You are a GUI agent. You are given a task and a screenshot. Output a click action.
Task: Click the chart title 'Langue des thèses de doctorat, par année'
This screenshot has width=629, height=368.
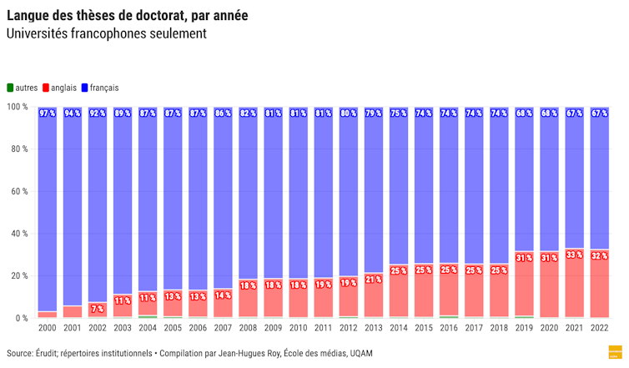pos(127,16)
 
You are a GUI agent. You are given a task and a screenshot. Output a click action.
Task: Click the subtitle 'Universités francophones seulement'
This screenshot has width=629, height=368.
pos(106,34)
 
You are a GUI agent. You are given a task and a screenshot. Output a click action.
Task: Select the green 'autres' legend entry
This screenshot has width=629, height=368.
pos(26,88)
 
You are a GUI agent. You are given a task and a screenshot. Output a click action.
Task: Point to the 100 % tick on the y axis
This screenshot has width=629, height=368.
pos(18,108)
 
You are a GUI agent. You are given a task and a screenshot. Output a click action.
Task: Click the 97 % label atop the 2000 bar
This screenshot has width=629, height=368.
pos(48,113)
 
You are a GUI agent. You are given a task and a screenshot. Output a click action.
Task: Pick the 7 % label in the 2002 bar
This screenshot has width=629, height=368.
pos(98,309)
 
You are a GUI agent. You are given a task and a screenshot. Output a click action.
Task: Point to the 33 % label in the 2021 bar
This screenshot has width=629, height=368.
pos(575,255)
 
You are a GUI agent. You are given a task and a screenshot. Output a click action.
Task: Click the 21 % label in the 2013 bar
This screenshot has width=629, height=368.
pos(374,280)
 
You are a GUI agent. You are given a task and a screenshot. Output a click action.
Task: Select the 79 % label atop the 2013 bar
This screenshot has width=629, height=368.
pos(374,113)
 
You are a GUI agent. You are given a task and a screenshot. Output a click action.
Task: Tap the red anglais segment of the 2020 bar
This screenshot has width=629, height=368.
pos(550,288)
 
